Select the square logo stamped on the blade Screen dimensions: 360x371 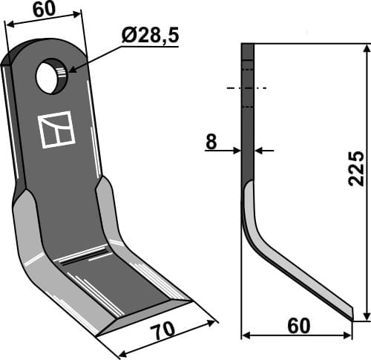56,129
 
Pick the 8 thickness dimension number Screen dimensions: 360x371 211,141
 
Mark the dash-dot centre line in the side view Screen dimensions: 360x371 247,88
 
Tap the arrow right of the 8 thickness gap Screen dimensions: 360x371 260,151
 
